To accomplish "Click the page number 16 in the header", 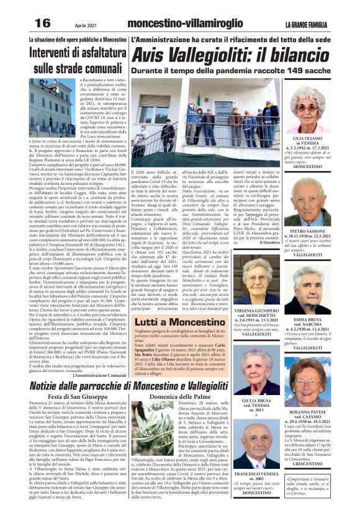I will [x=42, y=23].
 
